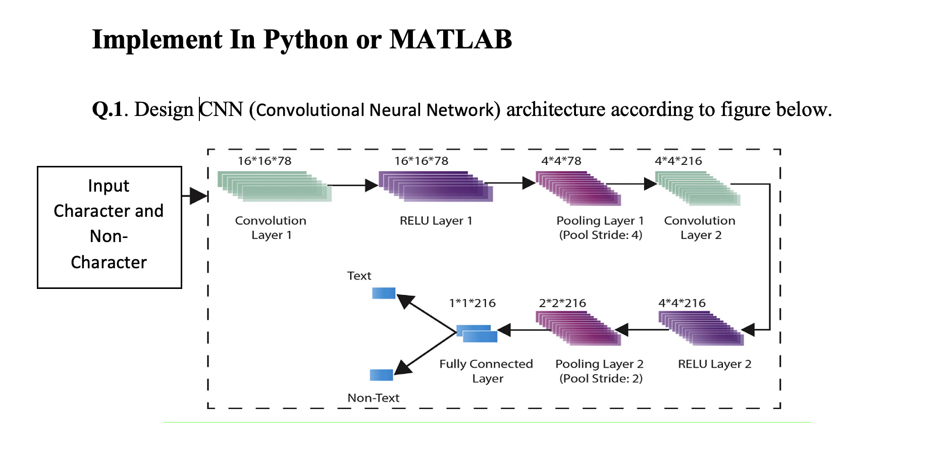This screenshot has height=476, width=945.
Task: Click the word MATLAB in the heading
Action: (x=450, y=39)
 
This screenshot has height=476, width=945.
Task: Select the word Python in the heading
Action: (x=305, y=40)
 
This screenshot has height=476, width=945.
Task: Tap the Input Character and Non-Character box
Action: (x=110, y=227)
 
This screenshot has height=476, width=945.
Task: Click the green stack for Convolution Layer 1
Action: (x=274, y=187)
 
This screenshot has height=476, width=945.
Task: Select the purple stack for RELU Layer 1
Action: (x=435, y=187)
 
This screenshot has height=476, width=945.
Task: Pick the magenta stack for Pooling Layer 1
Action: (x=579, y=188)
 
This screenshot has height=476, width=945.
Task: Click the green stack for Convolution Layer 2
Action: (x=698, y=188)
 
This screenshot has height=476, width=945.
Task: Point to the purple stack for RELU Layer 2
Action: (x=701, y=328)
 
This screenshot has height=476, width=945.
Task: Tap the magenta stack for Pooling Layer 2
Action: (x=579, y=328)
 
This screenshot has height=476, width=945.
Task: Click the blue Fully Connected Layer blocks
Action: (x=477, y=334)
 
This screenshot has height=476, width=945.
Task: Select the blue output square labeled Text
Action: (x=384, y=293)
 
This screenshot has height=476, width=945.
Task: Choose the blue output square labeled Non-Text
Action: (x=381, y=375)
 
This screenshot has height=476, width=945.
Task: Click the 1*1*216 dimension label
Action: (x=472, y=303)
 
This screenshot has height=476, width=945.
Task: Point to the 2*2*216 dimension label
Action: (x=562, y=303)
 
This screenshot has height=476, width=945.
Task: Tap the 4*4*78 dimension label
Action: (x=561, y=161)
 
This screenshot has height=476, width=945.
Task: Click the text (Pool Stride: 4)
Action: (x=600, y=235)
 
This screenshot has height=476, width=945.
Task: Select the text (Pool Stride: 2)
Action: (x=601, y=379)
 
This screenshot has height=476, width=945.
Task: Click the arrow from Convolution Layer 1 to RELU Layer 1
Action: (x=353, y=185)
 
